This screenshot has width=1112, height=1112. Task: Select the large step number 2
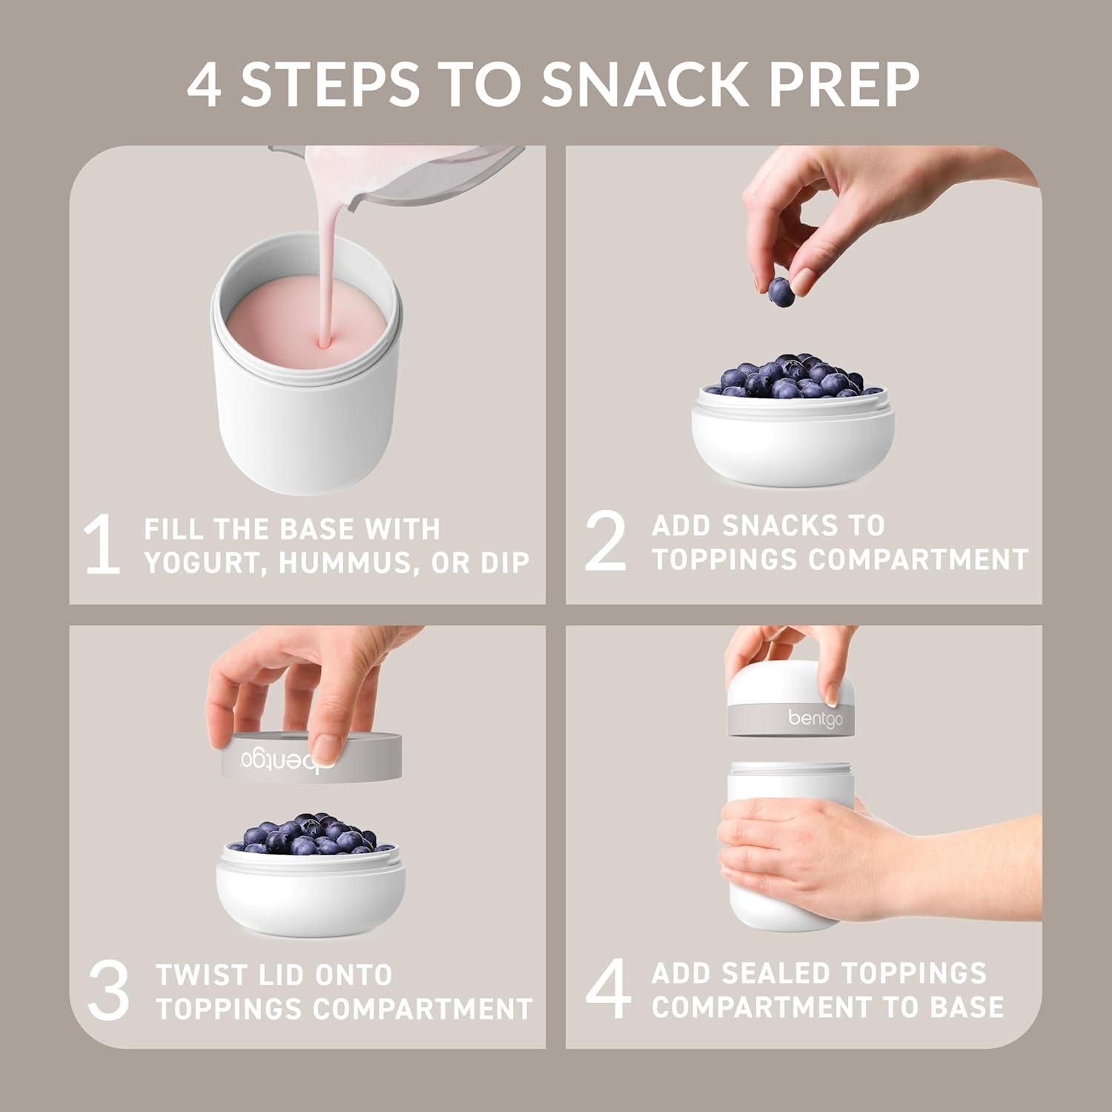click(605, 542)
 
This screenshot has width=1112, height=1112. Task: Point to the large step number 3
click(108, 991)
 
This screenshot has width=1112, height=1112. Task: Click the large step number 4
click(608, 990)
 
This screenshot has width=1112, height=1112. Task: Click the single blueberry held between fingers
click(781, 291)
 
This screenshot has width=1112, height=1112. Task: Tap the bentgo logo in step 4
click(815, 718)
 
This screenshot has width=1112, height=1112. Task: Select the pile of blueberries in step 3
click(311, 834)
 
